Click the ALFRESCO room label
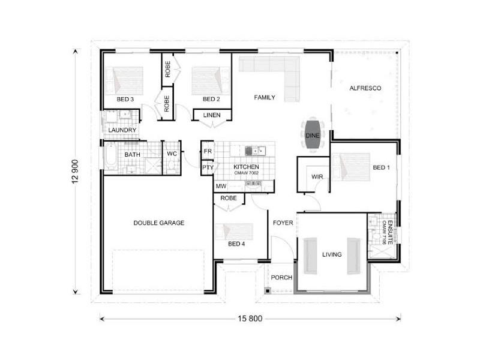click(365, 88)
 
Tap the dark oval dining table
click(312, 135)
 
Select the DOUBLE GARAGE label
click(159, 223)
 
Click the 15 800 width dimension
click(250, 319)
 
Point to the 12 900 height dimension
click(76, 172)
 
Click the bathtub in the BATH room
click(110, 156)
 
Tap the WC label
click(172, 154)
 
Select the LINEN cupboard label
click(212, 115)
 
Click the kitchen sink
click(255, 151)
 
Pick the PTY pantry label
click(208, 168)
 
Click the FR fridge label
click(208, 151)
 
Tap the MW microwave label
click(221, 186)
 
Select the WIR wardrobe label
click(317, 176)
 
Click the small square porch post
click(267, 290)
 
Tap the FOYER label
click(283, 223)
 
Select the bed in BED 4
click(234, 232)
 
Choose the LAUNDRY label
click(122, 130)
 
